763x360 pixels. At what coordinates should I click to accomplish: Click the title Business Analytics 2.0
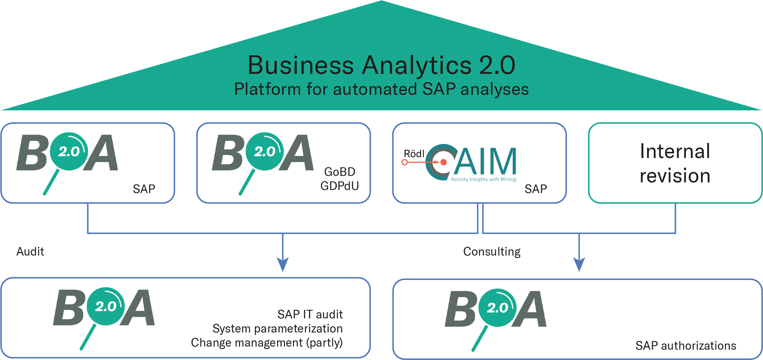(381, 65)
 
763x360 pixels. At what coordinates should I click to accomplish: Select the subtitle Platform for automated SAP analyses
(381, 89)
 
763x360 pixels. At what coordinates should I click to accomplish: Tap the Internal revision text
(675, 164)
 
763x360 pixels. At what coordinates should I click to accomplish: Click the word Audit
(30, 252)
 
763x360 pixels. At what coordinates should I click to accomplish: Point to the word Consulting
(492, 252)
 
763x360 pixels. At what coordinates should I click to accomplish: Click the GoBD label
(340, 172)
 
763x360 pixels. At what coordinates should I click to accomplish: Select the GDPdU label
(340, 186)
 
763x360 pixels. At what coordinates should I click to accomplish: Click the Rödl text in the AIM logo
(414, 154)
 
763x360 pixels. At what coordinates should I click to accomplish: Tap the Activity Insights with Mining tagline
(483, 179)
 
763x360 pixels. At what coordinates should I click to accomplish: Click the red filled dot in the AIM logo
(444, 162)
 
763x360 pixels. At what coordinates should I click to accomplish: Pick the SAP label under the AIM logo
(536, 189)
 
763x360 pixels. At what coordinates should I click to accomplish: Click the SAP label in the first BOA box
(144, 189)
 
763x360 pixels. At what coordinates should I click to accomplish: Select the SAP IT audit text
(310, 314)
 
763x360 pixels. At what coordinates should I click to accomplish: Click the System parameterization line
(277, 329)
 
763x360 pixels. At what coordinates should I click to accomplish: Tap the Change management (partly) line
(266, 343)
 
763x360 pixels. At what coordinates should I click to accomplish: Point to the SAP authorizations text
(686, 346)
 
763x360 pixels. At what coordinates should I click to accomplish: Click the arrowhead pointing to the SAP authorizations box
(579, 265)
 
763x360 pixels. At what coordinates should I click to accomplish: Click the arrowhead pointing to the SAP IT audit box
(283, 265)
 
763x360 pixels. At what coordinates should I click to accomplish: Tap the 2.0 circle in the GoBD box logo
(264, 151)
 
